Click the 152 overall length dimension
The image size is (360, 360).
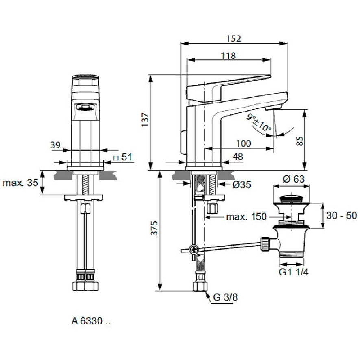point(234,39)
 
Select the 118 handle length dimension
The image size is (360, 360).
point(229,55)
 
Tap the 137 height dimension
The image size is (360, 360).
point(145,119)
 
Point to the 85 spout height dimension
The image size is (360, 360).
point(300,141)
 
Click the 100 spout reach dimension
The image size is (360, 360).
point(244,144)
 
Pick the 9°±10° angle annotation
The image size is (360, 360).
point(259,122)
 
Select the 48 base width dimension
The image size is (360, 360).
point(238,157)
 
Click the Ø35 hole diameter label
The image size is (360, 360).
point(242,184)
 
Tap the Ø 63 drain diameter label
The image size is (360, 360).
point(294,179)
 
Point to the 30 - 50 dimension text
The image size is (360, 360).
point(342,216)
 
